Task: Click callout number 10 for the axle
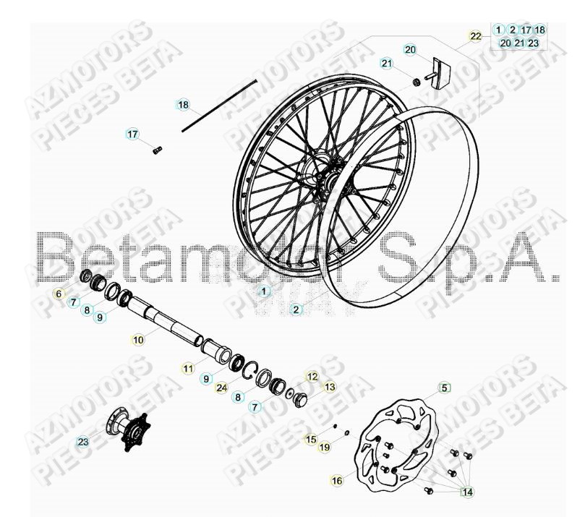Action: coord(138,338)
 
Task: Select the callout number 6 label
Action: coord(79,294)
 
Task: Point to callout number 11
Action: coord(188,368)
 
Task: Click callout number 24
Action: coord(223,387)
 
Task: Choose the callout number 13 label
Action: coord(329,387)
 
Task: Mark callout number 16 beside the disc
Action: coord(336,479)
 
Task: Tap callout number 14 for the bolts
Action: coord(468,492)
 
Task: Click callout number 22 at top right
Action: coord(475,35)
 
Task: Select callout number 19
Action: coord(325,448)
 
